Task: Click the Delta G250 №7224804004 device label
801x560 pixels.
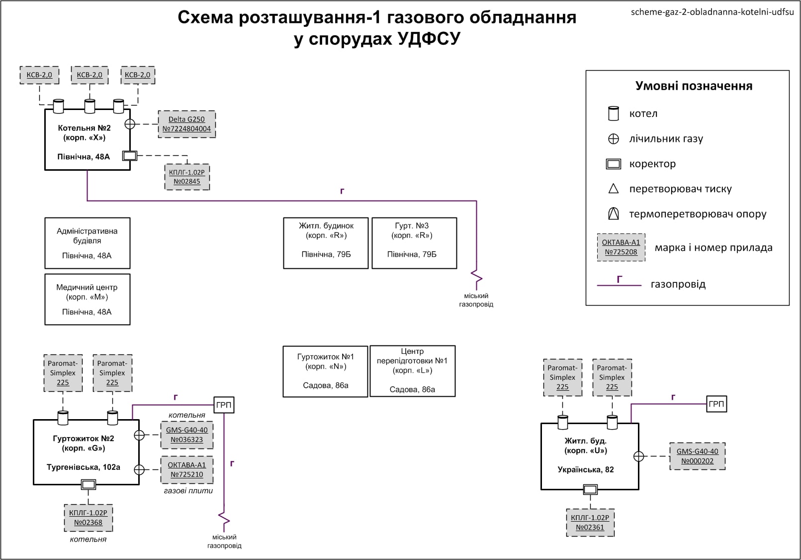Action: point(186,124)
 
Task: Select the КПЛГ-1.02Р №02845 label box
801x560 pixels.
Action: point(187,177)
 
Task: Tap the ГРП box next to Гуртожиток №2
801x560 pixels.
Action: point(224,405)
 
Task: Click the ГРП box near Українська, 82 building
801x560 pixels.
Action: point(716,404)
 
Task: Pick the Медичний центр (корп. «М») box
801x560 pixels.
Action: point(87,299)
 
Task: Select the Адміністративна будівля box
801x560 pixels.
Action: point(87,243)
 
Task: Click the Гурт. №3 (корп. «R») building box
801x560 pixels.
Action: point(414,243)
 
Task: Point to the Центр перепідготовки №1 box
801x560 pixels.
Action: point(412,371)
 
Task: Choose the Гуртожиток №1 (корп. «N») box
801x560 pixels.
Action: point(325,371)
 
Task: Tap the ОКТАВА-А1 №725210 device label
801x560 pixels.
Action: point(186,469)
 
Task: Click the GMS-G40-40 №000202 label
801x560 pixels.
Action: point(697,456)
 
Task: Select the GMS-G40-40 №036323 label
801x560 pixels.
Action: point(186,435)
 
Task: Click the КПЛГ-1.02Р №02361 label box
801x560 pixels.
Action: point(590,522)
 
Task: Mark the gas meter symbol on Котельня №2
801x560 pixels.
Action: point(130,124)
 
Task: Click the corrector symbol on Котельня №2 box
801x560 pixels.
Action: point(129,156)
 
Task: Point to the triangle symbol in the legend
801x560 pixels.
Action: point(614,189)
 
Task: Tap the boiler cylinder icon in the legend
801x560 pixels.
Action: point(614,113)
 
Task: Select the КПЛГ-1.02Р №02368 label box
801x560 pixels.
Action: point(88,518)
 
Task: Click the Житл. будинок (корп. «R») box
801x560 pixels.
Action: point(326,243)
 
